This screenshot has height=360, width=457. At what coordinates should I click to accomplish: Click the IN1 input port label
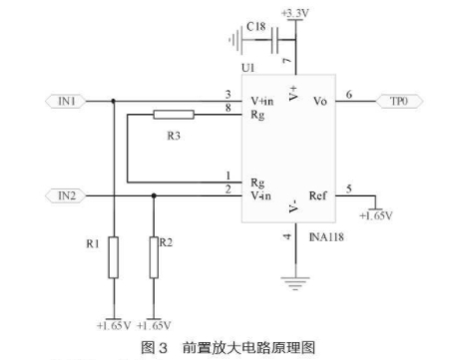pos(66,101)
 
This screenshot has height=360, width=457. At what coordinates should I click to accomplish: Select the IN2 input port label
pos(66,195)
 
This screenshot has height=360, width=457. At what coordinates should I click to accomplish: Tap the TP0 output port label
pos(399,101)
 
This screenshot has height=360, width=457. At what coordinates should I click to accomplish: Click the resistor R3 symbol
pos(174,115)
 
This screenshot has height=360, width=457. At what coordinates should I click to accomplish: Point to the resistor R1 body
pos(114,257)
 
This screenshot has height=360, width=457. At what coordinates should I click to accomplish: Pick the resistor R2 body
pos(154,257)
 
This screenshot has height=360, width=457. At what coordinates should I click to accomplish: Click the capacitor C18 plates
pos(274,40)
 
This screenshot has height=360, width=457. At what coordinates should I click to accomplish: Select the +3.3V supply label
pos(295,13)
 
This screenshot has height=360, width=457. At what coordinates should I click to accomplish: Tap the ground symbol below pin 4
pos(295,283)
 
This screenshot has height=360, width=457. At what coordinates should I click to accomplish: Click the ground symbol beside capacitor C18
pos(235,40)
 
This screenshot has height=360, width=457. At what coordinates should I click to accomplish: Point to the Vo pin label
pos(320,101)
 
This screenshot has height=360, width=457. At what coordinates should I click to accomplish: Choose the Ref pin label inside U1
pos(317,195)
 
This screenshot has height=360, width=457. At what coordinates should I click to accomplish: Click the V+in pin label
pos(262,101)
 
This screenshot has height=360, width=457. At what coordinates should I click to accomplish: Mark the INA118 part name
pos(326,237)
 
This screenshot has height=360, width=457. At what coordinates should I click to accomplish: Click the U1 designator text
pos(248,68)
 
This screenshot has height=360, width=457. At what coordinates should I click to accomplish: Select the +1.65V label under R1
pos(114,325)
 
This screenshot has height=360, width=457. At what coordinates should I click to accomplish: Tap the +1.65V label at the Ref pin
pos(376,215)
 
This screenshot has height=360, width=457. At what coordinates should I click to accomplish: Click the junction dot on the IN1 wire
pos(114,101)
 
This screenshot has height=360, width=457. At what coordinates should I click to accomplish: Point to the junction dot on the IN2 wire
pos(154,195)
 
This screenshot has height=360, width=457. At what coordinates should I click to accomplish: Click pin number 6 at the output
pos(349,95)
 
